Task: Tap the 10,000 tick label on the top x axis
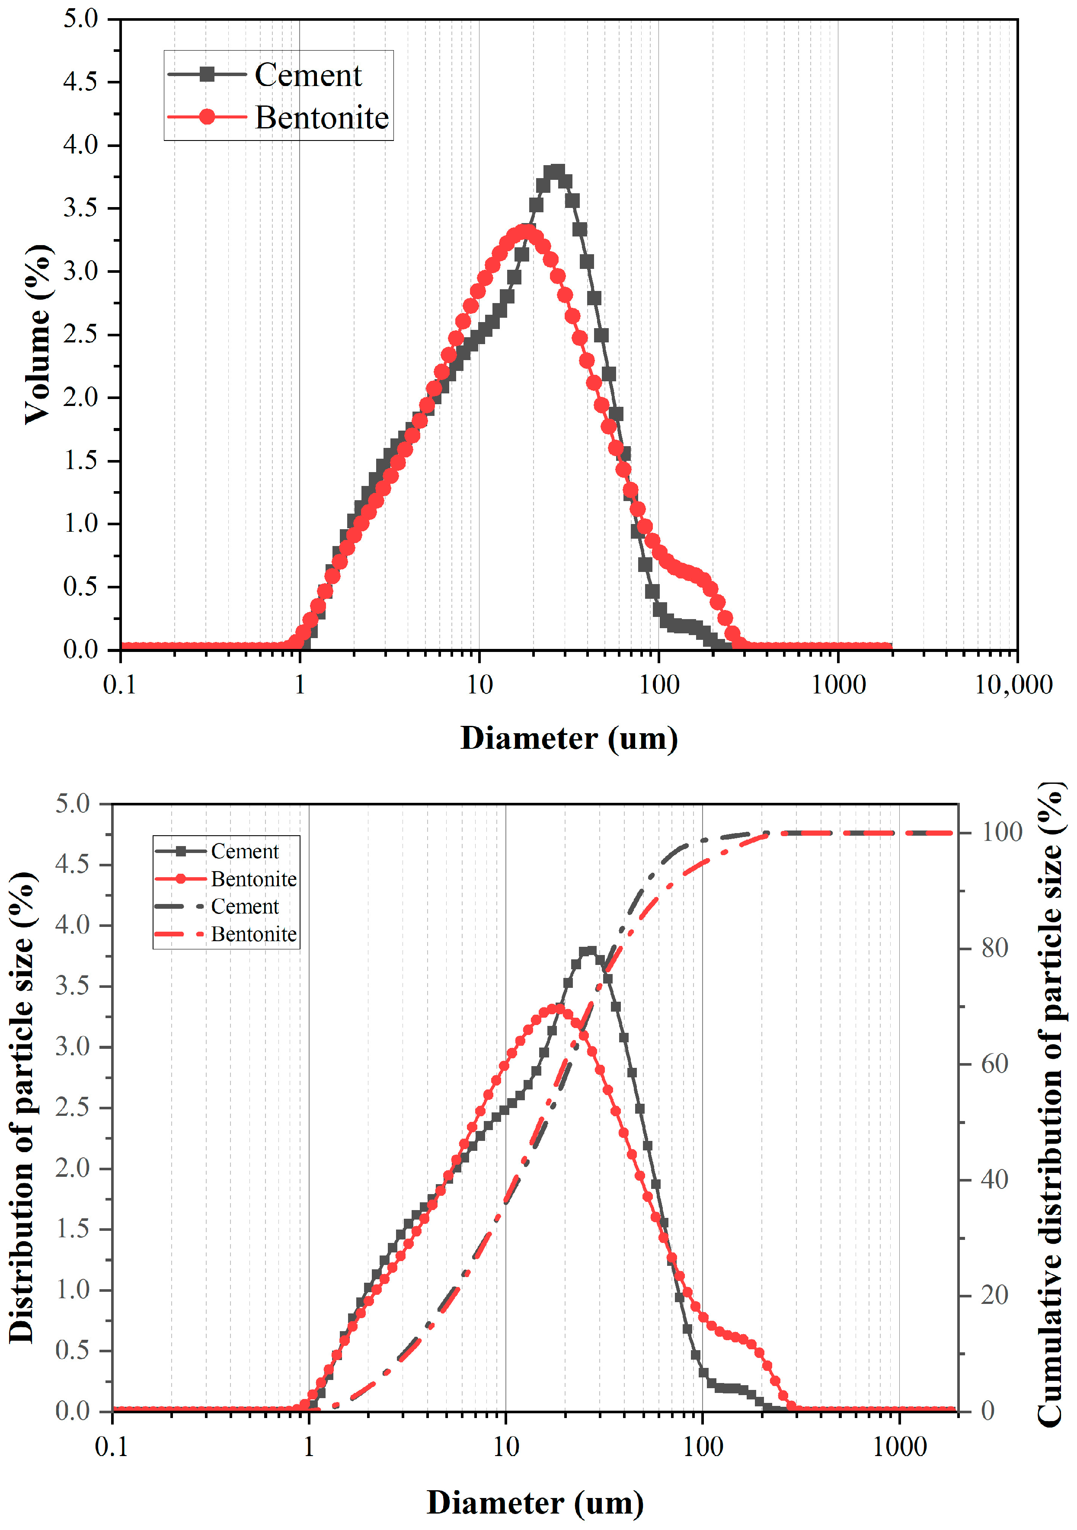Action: [1013, 684]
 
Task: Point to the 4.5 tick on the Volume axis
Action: [80, 82]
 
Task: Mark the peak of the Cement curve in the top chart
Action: [555, 172]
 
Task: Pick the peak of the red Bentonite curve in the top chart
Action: [527, 232]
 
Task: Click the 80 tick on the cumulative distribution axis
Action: [994, 948]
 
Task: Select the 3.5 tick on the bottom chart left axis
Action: [72, 986]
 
